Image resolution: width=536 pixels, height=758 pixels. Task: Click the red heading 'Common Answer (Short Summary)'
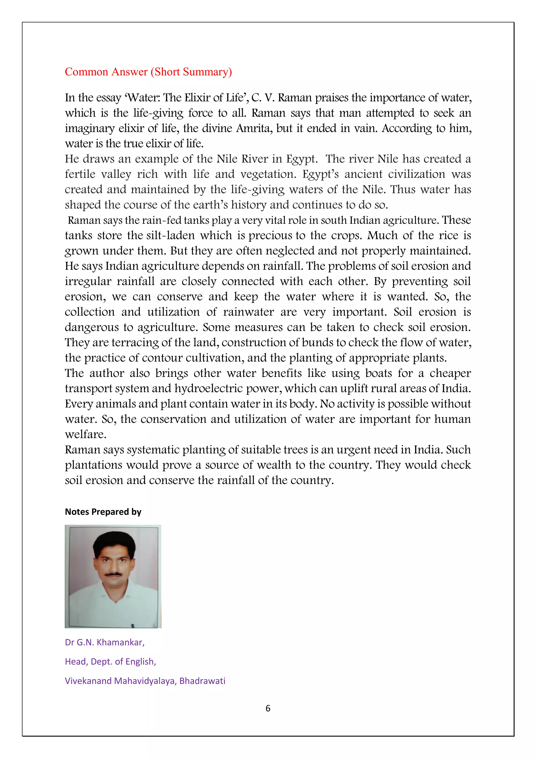(x=148, y=72)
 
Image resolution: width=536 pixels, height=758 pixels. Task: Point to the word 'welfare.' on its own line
(x=86, y=434)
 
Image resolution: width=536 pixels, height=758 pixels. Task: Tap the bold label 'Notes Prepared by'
(x=103, y=512)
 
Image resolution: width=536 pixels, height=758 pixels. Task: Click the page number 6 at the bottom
(x=268, y=709)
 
